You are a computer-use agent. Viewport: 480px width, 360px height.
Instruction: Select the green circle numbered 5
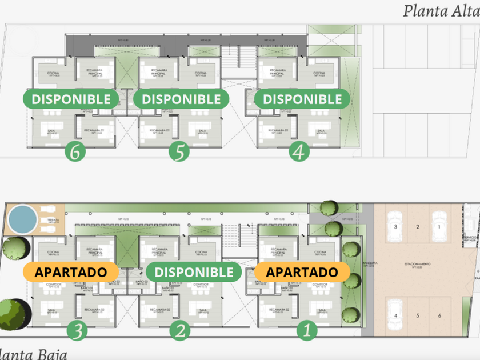point(179,152)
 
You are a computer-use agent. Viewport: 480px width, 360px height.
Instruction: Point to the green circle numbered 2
point(181,330)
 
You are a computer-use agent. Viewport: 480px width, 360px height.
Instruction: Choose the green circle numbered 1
point(308,330)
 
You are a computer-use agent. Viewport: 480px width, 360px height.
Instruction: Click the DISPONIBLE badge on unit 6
point(71,99)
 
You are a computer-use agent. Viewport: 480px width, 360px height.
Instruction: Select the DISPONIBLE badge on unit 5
point(181,99)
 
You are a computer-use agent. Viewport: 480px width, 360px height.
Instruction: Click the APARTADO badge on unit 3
point(70,272)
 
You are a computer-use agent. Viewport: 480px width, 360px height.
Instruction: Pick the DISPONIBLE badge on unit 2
point(194,272)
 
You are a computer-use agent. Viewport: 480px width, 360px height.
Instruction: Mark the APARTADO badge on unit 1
point(302,272)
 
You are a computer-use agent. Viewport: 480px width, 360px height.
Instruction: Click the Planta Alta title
point(441,11)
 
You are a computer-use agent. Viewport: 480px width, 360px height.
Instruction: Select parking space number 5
point(418,315)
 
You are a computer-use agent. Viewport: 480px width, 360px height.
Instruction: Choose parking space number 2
point(418,227)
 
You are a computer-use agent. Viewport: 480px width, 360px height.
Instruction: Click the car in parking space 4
point(395,314)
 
